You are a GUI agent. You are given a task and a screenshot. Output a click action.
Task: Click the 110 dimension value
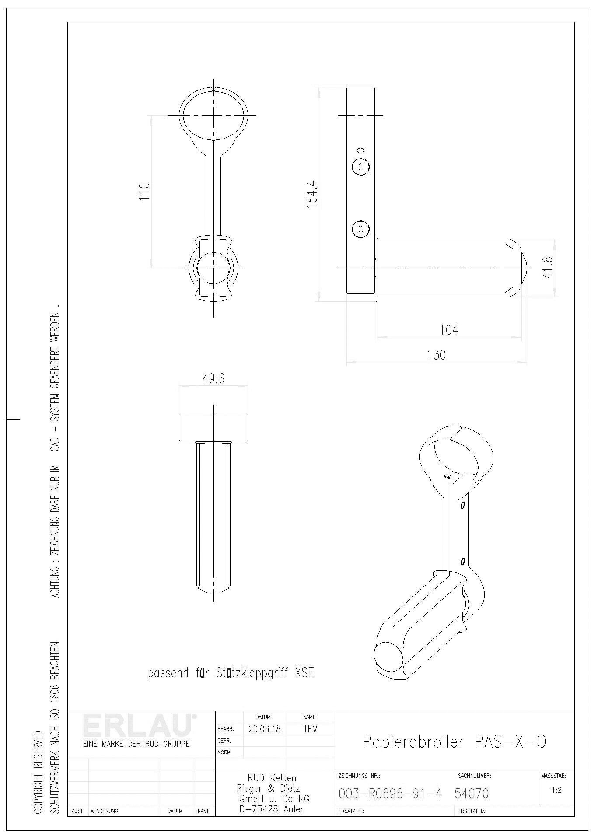point(144,191)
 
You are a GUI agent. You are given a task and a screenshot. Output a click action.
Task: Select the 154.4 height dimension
point(311,194)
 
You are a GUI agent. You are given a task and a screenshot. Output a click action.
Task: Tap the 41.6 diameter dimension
point(549,267)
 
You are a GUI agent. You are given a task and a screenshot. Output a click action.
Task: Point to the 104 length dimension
point(449,329)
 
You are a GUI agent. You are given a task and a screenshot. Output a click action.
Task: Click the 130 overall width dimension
point(436,354)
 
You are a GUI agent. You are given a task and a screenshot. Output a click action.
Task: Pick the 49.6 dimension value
point(213,378)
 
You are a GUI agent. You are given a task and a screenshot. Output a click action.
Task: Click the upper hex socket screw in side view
point(360,166)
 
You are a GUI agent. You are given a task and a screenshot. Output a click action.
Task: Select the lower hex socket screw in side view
point(360,229)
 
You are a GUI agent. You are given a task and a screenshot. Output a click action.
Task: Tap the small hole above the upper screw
point(361,149)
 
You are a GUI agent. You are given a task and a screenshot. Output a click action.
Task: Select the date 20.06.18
point(265,729)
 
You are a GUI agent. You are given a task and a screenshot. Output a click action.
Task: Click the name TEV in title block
point(310,729)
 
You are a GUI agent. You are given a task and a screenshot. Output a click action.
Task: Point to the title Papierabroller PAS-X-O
point(454,742)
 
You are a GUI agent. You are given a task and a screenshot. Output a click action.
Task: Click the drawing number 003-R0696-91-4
point(390,793)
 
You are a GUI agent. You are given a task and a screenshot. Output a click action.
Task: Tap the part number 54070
point(472,793)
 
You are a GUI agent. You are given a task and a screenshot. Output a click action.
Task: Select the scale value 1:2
point(556,790)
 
